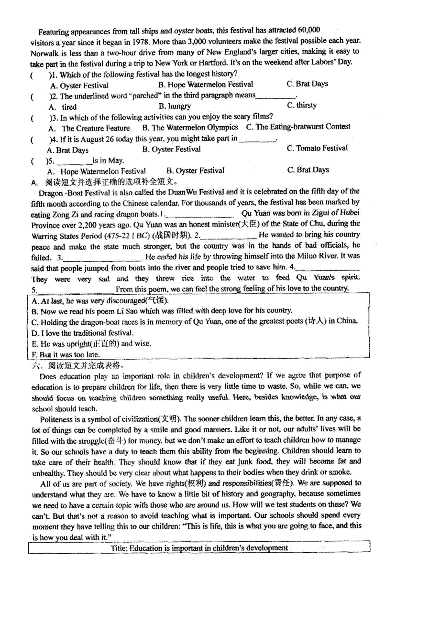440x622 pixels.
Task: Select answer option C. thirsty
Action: coord(302,105)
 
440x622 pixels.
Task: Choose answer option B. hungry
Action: coord(175,106)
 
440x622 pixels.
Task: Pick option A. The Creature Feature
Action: coord(89,128)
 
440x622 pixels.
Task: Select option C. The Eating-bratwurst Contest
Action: coord(298,127)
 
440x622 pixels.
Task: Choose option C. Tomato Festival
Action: coord(317,148)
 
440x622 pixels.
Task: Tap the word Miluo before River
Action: coord(304,256)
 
